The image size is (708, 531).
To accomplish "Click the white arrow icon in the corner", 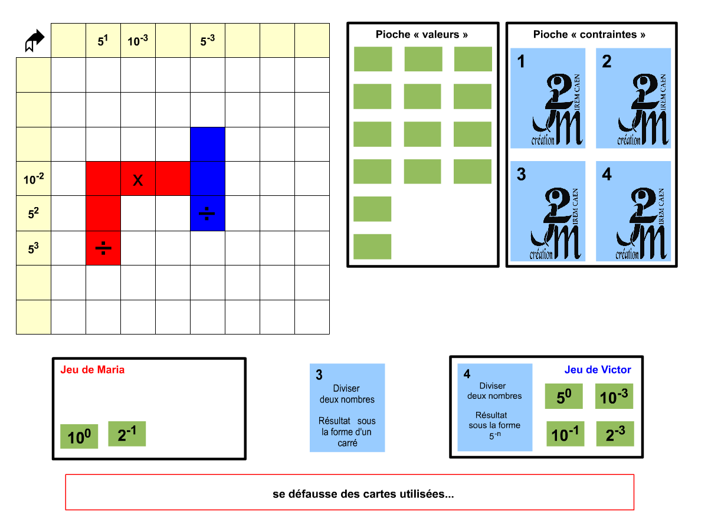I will point(35,41).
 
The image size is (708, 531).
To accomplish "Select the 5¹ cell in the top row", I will point(103,41).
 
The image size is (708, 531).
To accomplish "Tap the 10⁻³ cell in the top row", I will point(138,41).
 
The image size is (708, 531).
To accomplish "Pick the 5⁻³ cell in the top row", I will point(208,41).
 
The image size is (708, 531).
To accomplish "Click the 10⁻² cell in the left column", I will point(34,179).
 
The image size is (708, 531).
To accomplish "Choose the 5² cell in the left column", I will point(34,214).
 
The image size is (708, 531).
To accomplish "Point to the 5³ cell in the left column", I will point(34,248).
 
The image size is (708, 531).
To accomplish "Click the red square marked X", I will point(138,179).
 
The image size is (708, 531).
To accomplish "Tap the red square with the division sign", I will point(103,248).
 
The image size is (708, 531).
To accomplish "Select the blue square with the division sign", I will point(208,214).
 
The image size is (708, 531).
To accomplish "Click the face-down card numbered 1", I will point(548,98).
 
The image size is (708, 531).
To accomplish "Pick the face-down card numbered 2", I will point(634,98).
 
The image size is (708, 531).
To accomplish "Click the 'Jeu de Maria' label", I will point(93,370).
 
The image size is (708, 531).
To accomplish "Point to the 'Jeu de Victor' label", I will point(598,370).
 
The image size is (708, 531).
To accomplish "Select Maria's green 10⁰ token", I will point(80,437).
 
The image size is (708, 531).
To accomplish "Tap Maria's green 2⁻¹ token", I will point(127,434).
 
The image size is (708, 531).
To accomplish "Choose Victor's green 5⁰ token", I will point(563,396).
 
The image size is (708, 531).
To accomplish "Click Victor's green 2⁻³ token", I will point(615,434).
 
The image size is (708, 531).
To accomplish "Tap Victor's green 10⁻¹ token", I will point(565,434).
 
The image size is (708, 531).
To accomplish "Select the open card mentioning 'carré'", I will point(348,408).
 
